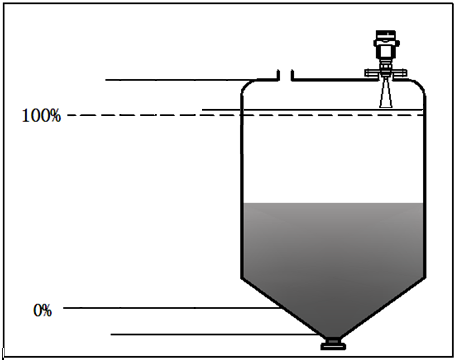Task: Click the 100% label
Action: pos(41,116)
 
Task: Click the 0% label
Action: pos(42,310)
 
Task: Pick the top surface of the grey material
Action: pos(333,204)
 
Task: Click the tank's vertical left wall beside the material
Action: pos(241,240)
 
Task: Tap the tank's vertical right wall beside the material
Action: pos(424,240)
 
